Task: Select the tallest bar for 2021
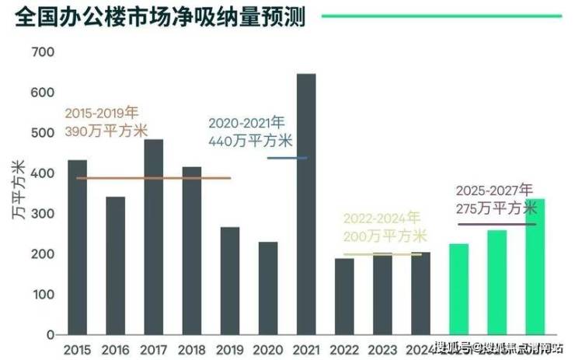pyautogui.click(x=306, y=204)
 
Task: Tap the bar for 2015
pyautogui.click(x=78, y=247)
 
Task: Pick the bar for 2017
pyautogui.click(x=154, y=237)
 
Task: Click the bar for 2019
pyautogui.click(x=230, y=281)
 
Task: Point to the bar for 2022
pyautogui.click(x=344, y=296)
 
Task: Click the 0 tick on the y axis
pyautogui.click(x=49, y=335)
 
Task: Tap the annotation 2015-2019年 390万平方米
pyautogui.click(x=106, y=122)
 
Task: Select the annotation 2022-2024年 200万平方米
pyautogui.click(x=385, y=227)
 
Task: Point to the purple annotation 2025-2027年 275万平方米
pyautogui.click(x=496, y=199)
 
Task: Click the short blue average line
pyautogui.click(x=287, y=158)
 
